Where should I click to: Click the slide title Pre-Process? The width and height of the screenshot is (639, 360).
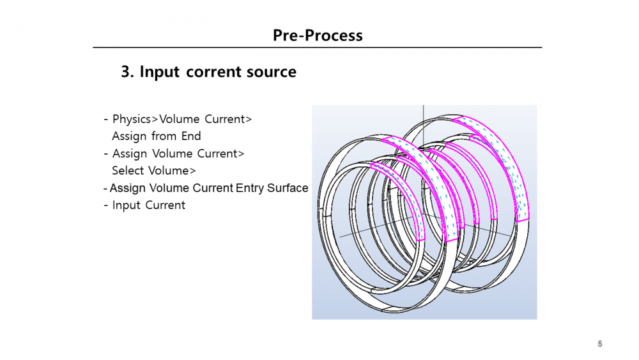click(x=318, y=35)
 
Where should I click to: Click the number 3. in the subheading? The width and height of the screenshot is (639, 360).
click(x=128, y=72)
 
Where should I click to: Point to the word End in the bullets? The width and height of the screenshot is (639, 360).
click(x=191, y=136)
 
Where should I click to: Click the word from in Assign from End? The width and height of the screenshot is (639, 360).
click(x=163, y=136)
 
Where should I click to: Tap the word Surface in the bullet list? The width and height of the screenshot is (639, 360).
click(x=287, y=188)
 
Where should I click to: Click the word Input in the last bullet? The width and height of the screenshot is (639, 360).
click(x=127, y=205)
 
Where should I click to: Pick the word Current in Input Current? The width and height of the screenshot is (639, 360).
click(x=166, y=205)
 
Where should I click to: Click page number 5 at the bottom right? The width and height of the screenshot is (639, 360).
click(x=600, y=344)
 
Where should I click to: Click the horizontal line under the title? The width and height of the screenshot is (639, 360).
click(x=318, y=47)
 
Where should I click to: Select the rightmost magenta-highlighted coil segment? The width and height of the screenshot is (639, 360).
click(x=511, y=166)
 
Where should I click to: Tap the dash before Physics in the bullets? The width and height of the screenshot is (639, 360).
click(x=106, y=120)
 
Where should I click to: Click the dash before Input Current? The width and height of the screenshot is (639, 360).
click(x=106, y=205)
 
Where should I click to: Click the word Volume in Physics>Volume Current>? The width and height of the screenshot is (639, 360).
click(x=180, y=119)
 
